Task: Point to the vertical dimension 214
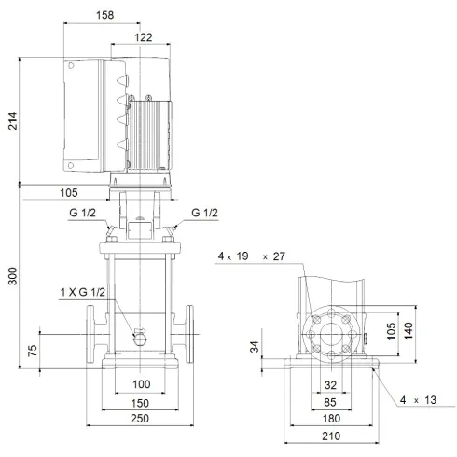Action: (12, 120)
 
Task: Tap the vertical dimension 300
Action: (12, 278)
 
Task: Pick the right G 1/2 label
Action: (204, 214)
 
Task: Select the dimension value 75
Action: (34, 351)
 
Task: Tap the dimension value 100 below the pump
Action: (141, 384)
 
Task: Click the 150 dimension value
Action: (141, 403)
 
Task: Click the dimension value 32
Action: (330, 383)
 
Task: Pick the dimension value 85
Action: (330, 402)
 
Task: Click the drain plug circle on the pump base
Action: (140, 338)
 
